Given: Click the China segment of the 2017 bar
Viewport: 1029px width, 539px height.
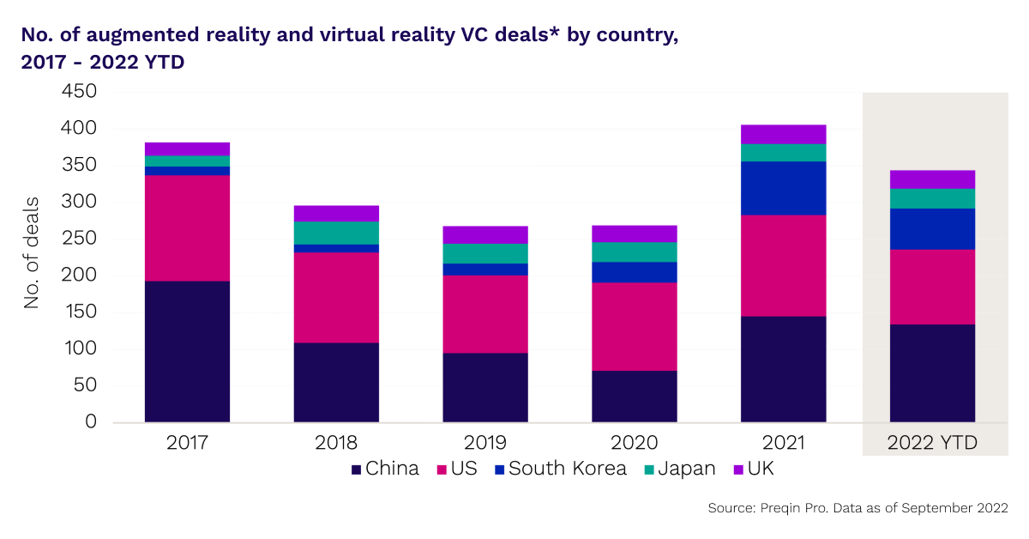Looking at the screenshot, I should tap(187, 352).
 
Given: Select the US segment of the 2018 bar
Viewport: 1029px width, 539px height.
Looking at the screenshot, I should tap(336, 298).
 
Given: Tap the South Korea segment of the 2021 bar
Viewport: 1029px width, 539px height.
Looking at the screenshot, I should tap(784, 188).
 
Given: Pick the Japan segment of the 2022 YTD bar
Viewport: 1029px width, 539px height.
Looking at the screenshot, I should tap(933, 198).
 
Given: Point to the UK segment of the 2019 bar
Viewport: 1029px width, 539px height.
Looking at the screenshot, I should tap(485, 234).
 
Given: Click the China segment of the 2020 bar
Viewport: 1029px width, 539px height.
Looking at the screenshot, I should tap(635, 397).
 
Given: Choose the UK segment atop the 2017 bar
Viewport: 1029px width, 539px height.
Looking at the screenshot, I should tap(187, 148).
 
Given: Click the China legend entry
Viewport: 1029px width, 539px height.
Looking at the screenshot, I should tap(385, 469).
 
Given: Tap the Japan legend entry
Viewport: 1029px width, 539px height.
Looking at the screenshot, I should tap(678, 469).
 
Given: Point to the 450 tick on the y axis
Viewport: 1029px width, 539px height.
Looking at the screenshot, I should tap(79, 92).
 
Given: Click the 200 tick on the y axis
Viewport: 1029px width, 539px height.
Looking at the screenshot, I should tap(79, 276).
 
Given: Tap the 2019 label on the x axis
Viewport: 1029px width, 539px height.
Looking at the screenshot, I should tap(485, 443).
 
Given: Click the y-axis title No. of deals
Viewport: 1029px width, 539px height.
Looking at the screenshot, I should tap(32, 257).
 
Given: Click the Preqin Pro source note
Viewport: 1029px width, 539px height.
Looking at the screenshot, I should tap(857, 509).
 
